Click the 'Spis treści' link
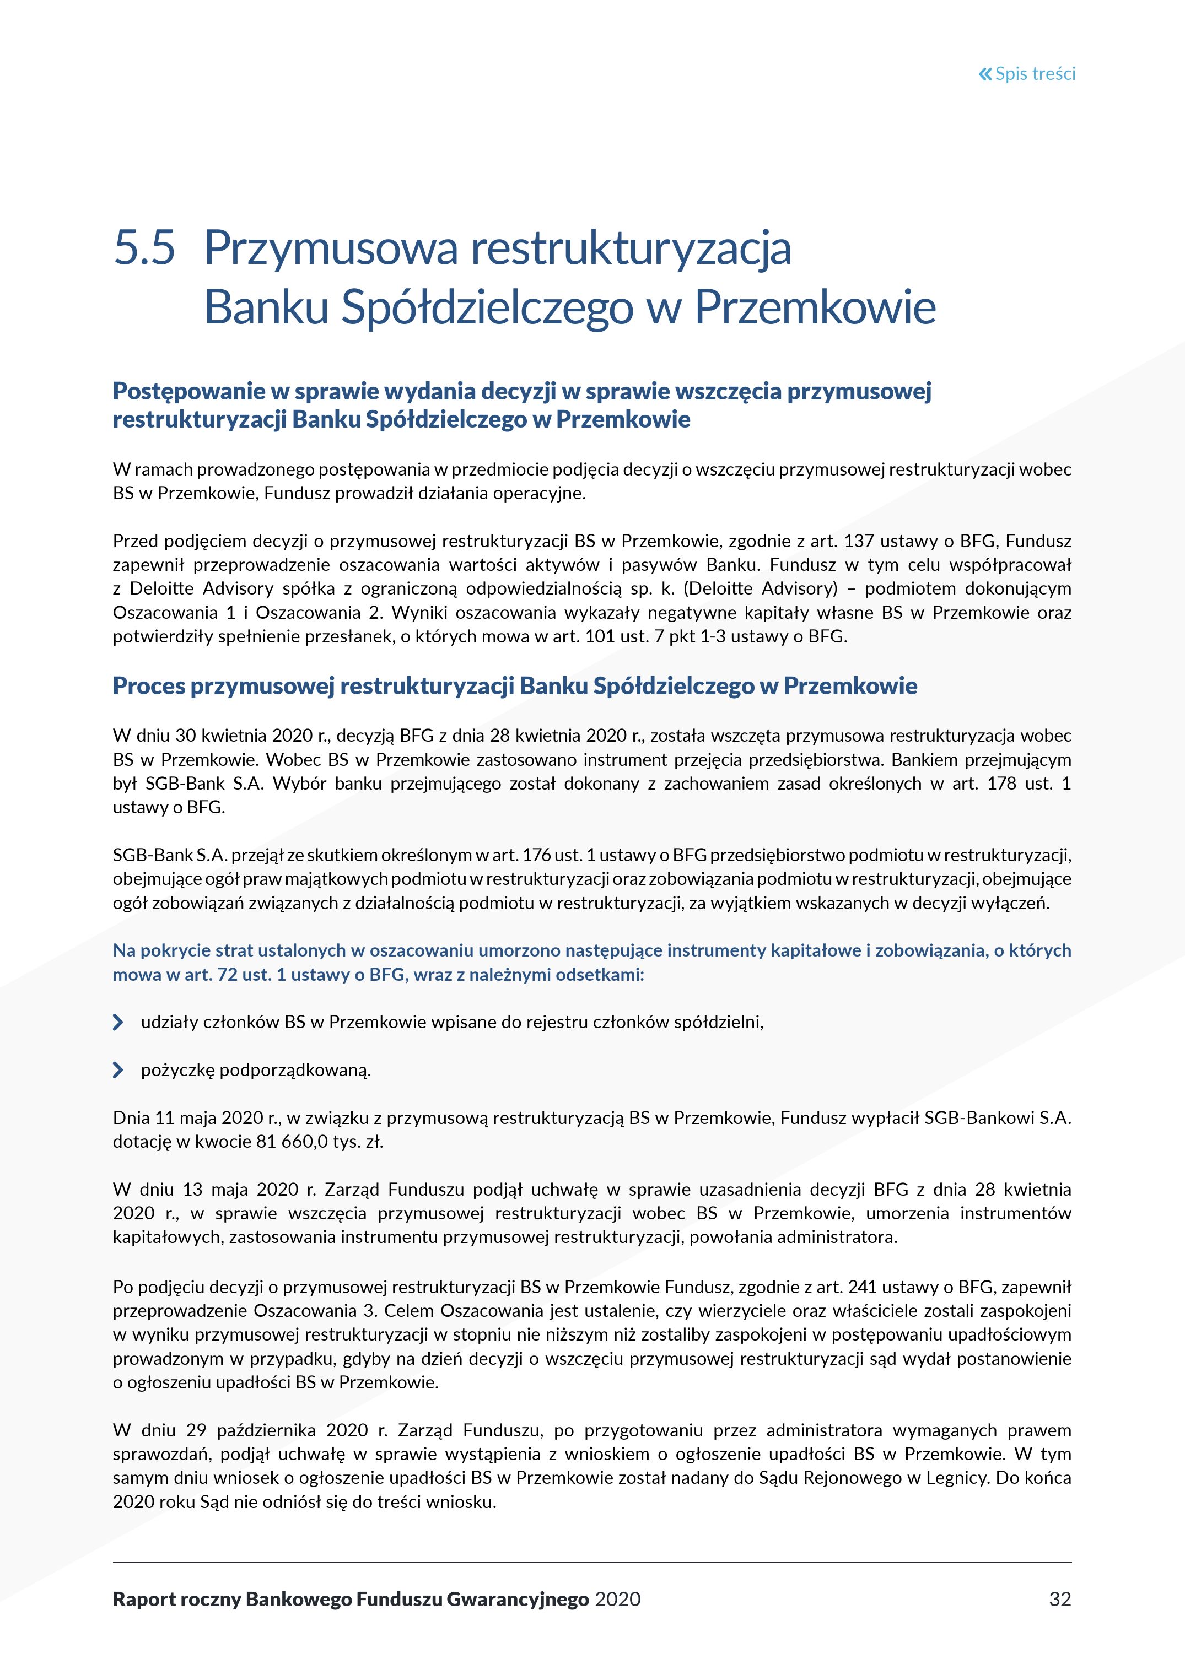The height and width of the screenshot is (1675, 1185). [1035, 74]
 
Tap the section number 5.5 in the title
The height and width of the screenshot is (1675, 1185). [144, 248]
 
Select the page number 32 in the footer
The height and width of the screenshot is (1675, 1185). [1059, 1599]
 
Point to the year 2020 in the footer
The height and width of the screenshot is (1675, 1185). [617, 1599]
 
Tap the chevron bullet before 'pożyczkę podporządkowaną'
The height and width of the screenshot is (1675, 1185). [118, 1070]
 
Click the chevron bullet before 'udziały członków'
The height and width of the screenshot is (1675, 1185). [118, 1022]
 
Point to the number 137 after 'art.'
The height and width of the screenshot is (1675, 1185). [858, 541]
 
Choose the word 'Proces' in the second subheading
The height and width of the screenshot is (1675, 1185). [149, 686]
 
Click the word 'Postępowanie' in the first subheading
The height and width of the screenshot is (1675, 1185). [189, 392]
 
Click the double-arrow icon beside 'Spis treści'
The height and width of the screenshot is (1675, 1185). [985, 74]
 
